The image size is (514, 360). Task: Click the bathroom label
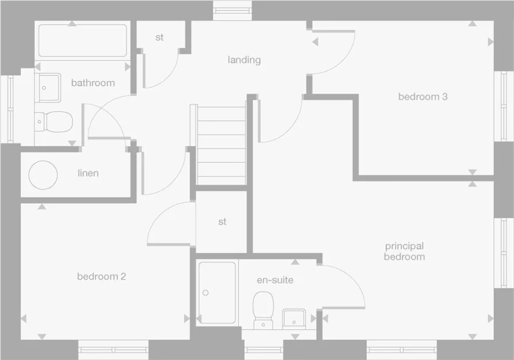[x=93, y=83]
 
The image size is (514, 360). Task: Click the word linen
[x=88, y=173]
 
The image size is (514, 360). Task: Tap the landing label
[x=244, y=59]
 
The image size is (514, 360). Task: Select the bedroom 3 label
[x=423, y=97]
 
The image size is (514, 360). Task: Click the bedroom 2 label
[x=101, y=277]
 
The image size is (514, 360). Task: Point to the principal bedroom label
[x=404, y=251]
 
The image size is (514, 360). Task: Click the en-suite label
[x=275, y=280]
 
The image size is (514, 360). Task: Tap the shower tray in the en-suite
[x=217, y=293]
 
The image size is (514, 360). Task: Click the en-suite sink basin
[x=295, y=317]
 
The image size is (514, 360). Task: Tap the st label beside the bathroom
[x=159, y=38]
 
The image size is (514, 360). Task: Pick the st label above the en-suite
[x=222, y=222]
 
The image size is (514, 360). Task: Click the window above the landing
[x=233, y=9]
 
